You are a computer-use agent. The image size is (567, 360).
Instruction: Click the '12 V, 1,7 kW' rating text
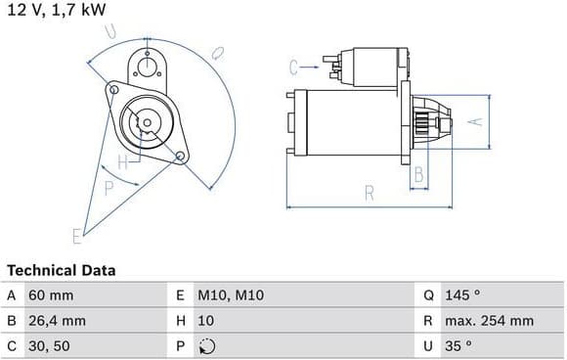(57, 10)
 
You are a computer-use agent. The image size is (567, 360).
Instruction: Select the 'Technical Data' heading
(62, 270)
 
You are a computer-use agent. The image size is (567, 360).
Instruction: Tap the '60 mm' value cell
(51, 295)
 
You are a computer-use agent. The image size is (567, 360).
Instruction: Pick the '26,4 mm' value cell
(57, 321)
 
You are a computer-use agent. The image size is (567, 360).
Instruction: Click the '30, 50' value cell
(49, 346)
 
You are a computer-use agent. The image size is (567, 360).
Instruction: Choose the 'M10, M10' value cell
(231, 295)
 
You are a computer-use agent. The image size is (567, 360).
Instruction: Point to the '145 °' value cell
(462, 295)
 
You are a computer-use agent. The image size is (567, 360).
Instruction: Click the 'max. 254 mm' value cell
(489, 321)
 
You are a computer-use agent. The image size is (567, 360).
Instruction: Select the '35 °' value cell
(458, 346)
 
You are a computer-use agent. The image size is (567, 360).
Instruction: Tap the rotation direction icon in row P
(207, 346)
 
